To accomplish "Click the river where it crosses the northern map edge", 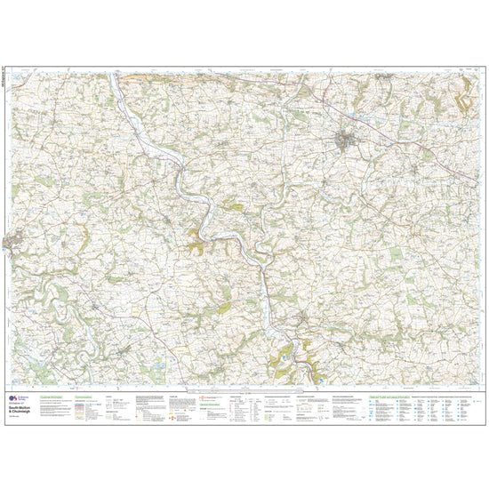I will click(x=113, y=72).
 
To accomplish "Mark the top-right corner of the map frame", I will click(x=481, y=70).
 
